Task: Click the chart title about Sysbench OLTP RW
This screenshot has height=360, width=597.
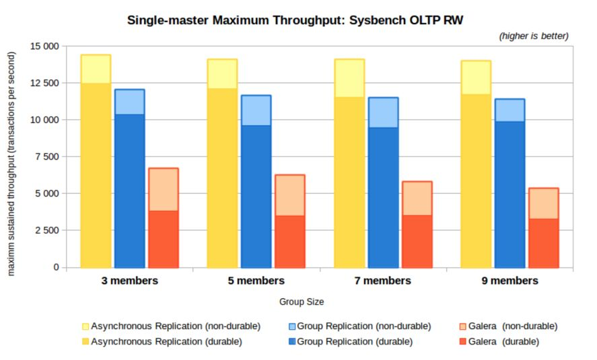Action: coord(304,20)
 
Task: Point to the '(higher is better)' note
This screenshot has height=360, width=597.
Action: coord(534,36)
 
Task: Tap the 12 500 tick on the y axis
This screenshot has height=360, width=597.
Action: coord(45,83)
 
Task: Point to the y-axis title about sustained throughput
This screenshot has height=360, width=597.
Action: coord(11,156)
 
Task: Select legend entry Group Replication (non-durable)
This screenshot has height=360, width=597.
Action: coord(363,326)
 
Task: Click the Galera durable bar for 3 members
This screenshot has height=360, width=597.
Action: coord(163,239)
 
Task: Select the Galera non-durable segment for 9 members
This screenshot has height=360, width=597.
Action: coord(543,203)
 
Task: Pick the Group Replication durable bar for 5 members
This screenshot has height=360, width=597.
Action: coord(256,196)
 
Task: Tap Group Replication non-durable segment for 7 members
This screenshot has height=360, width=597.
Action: coord(383,112)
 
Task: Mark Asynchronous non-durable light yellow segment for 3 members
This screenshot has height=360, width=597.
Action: coord(96,69)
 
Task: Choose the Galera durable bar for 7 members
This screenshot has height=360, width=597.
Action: coord(417,241)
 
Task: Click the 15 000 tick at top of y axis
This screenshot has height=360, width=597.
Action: coord(45,46)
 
